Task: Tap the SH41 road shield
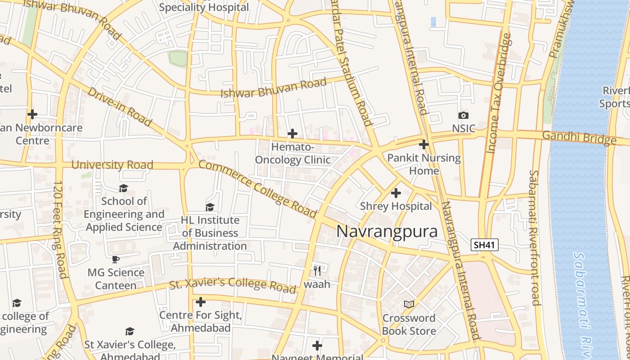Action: coord(485,245)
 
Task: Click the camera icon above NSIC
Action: coord(463,116)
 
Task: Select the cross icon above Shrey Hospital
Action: coord(396,193)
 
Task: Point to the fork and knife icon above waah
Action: coord(317,270)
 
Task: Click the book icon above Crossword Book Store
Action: coord(409,305)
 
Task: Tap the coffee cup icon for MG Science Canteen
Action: coord(116,259)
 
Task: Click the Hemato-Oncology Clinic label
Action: coord(292,153)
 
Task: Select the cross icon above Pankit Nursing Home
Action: coord(423,144)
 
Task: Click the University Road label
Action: coord(112,165)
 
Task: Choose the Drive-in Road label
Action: coord(119,107)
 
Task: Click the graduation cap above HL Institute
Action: coord(210,207)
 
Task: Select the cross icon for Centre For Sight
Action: coord(201,301)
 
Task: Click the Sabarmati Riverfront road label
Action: coord(535,237)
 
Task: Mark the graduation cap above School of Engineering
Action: coord(123,188)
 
